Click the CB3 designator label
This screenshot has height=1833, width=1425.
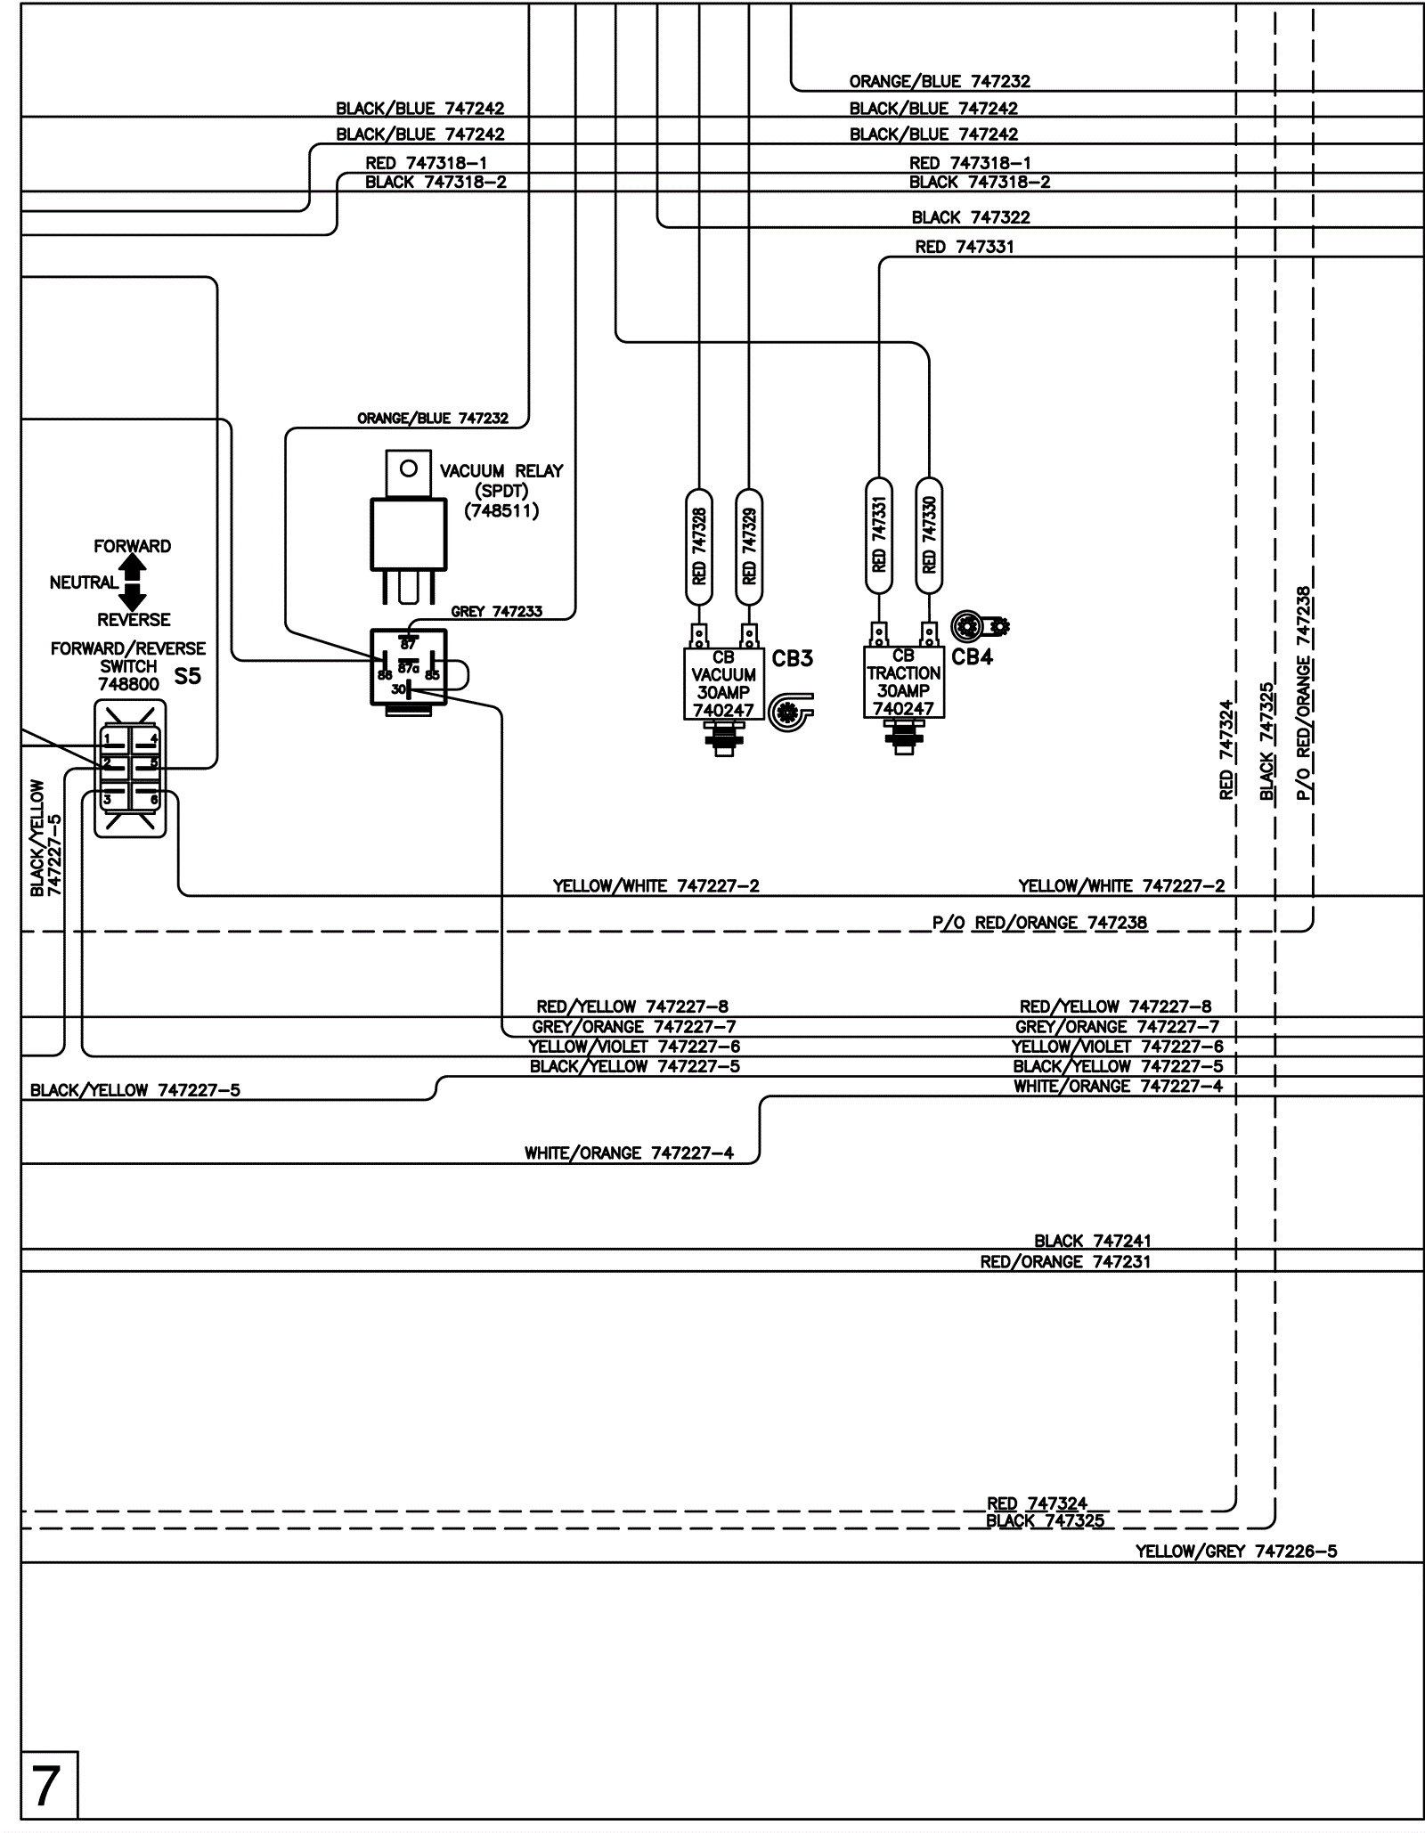click(792, 659)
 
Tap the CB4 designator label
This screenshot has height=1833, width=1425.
click(972, 657)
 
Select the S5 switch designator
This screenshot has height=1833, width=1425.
click(187, 676)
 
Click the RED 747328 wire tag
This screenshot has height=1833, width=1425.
click(699, 546)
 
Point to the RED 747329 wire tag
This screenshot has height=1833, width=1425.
click(749, 546)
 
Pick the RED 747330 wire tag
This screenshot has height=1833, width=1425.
click(929, 534)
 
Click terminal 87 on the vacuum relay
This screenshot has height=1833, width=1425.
click(408, 644)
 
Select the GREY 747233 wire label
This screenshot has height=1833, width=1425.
click(496, 612)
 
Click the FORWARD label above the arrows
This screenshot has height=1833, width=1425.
click(133, 546)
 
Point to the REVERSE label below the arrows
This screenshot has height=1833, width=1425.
click(134, 620)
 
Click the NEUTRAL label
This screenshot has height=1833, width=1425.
click(84, 583)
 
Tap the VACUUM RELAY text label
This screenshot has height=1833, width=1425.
click(501, 471)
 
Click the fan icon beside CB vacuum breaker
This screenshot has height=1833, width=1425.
click(789, 712)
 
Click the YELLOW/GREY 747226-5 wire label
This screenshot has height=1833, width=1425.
click(1235, 1552)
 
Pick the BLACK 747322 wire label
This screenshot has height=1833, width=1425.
click(970, 217)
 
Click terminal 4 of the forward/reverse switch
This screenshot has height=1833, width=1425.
click(153, 738)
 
